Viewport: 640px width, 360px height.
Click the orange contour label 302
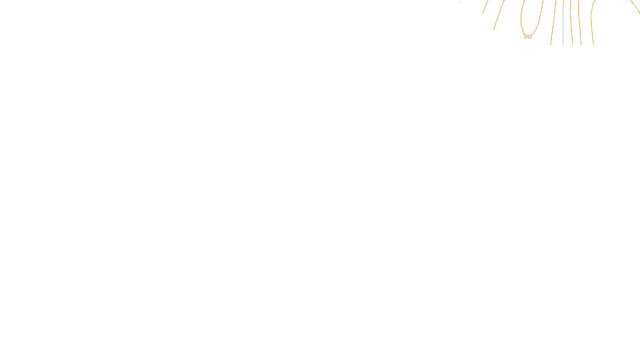click(528, 37)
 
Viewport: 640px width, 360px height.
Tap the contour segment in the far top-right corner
click(635, 7)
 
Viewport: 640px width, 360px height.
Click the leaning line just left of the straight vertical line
click(553, 24)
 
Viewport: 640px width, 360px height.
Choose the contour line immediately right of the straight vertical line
click(571, 24)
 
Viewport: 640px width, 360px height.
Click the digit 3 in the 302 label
click(525, 37)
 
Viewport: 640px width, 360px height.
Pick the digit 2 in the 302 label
click(530, 37)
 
